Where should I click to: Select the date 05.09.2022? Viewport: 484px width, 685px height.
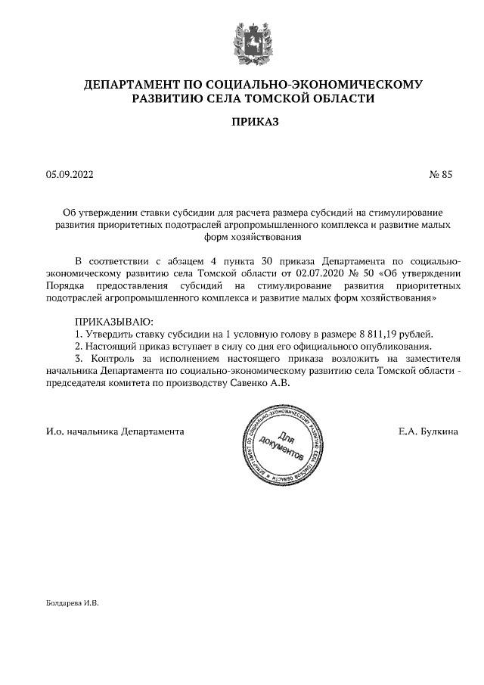click(x=70, y=175)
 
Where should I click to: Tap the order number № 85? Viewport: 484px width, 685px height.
click(x=440, y=175)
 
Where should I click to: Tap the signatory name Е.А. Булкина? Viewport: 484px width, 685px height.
click(x=427, y=431)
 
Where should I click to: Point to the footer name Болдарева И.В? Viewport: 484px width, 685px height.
click(x=73, y=604)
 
